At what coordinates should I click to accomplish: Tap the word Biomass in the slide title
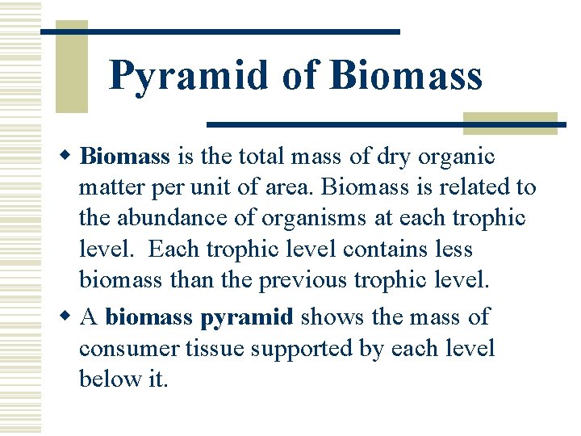click(406, 75)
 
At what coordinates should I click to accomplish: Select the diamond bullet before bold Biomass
click(69, 155)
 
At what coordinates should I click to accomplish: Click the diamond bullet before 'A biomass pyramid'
click(69, 317)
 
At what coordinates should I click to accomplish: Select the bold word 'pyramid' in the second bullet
click(246, 317)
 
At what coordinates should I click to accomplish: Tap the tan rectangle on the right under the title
click(510, 123)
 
